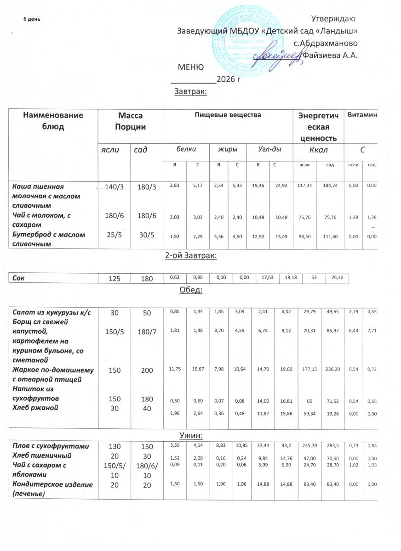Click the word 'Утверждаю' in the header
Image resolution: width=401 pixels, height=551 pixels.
(x=332, y=19)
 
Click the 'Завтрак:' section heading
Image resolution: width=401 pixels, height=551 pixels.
(x=191, y=92)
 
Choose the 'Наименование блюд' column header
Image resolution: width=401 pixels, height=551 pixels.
(x=53, y=121)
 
